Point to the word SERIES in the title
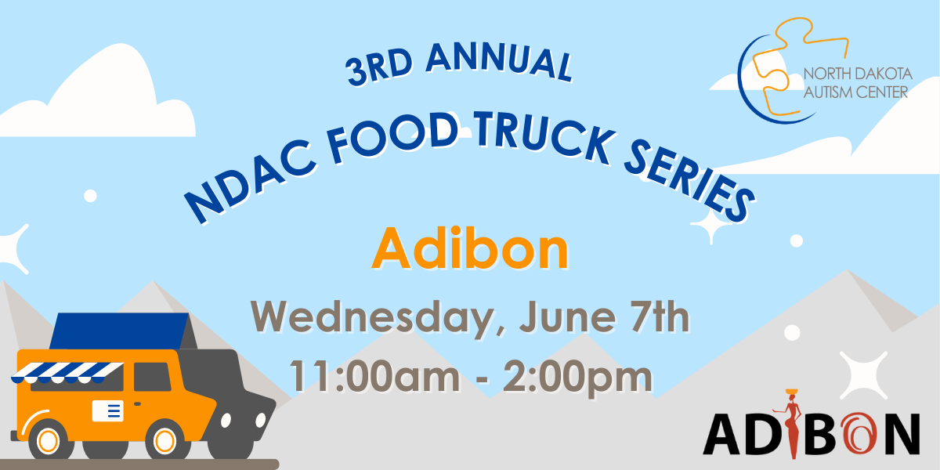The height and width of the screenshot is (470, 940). [x=689, y=181]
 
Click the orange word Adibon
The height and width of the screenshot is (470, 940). [x=470, y=248]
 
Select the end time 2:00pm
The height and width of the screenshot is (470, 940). [x=578, y=378]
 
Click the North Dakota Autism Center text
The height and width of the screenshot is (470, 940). [x=857, y=83]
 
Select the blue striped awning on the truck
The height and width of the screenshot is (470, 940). [x=67, y=372]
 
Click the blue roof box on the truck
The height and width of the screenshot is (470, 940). [x=120, y=331]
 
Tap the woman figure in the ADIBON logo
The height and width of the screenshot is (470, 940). [x=792, y=424]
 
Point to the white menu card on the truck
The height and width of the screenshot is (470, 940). [x=108, y=410]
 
